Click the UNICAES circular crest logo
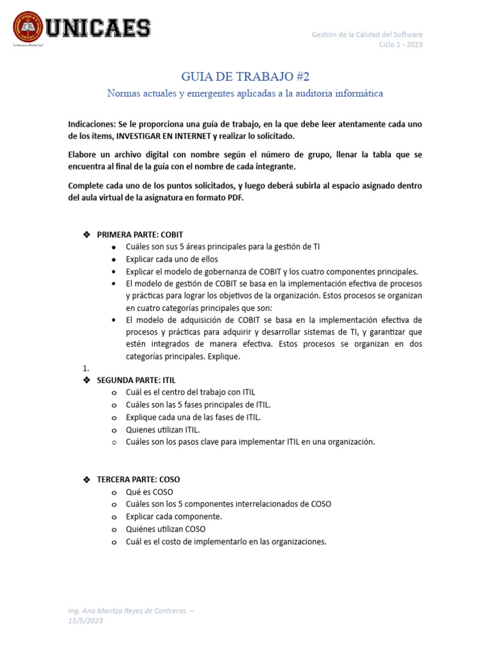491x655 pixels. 29,29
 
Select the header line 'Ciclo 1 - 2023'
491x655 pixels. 400,44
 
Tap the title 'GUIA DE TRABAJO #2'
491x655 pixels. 245,77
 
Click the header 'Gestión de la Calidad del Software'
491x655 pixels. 366,34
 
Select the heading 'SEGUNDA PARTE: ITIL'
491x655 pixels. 136,380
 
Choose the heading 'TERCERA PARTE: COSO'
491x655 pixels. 138,480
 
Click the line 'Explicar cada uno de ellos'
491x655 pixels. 172,259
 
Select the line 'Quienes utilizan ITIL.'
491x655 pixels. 163,429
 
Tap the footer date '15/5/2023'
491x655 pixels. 86,620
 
